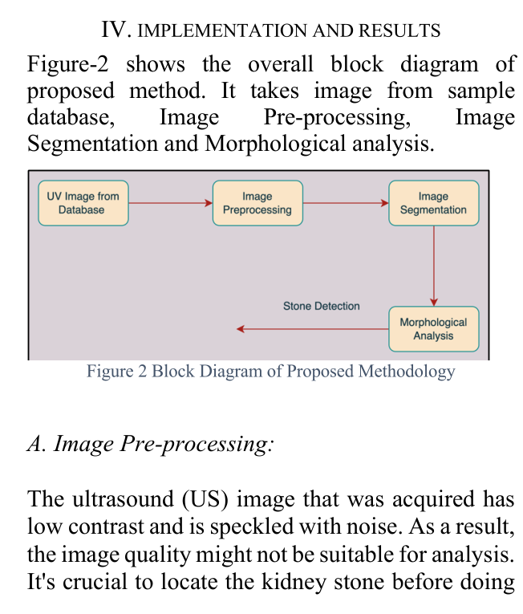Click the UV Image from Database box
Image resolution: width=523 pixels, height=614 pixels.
[83, 203]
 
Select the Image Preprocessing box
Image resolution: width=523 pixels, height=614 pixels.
[257, 203]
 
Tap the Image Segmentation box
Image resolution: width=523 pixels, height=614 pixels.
[433, 203]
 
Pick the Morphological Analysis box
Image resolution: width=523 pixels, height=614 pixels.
[433, 329]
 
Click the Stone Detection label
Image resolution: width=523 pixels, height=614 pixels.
[322, 306]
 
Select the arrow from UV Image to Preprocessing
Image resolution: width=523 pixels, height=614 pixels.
[170, 203]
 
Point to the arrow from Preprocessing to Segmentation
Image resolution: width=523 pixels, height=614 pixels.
[346, 203]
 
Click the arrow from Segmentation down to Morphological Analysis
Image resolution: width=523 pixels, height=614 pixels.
[433, 265]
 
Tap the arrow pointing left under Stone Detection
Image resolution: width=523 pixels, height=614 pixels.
[313, 328]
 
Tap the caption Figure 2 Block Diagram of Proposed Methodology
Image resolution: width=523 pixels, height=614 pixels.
[270, 372]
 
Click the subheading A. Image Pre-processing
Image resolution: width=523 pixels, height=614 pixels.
[149, 443]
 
